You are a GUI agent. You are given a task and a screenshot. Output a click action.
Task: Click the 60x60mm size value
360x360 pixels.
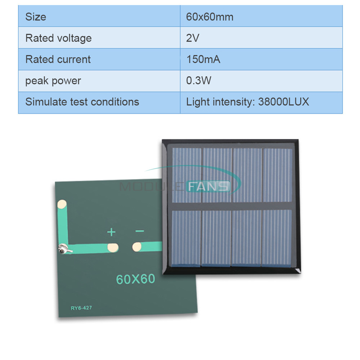point(210,17)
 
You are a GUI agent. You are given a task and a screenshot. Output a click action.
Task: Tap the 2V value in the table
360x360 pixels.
point(193,38)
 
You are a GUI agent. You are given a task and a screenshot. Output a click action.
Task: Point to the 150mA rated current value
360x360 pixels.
point(203,59)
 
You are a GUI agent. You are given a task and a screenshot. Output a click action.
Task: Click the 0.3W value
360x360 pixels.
point(199,81)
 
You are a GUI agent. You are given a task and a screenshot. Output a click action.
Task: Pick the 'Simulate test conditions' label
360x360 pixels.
point(82,102)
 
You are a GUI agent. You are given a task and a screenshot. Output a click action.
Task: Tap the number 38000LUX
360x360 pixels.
point(284,102)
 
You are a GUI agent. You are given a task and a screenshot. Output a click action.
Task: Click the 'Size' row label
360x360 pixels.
point(36,17)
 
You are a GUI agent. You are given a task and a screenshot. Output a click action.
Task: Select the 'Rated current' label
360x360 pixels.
point(58,59)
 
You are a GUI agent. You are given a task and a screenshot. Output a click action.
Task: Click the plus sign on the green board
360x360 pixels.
point(111,232)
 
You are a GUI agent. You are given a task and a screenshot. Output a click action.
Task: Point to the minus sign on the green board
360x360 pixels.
point(140,231)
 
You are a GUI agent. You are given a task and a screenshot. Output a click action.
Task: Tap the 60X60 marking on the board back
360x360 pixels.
point(136,279)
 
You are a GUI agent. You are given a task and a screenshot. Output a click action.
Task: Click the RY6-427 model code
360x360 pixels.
point(81,308)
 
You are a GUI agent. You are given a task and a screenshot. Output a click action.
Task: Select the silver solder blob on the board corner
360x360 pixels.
point(64,249)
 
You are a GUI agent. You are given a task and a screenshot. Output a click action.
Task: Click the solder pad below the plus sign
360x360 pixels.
point(113,248)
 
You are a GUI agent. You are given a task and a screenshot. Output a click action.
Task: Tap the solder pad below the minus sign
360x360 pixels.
point(137,247)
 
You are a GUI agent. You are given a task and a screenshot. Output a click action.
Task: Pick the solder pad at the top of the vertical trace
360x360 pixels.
point(62,204)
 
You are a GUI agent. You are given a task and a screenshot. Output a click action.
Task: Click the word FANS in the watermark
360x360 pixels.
point(208,186)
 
